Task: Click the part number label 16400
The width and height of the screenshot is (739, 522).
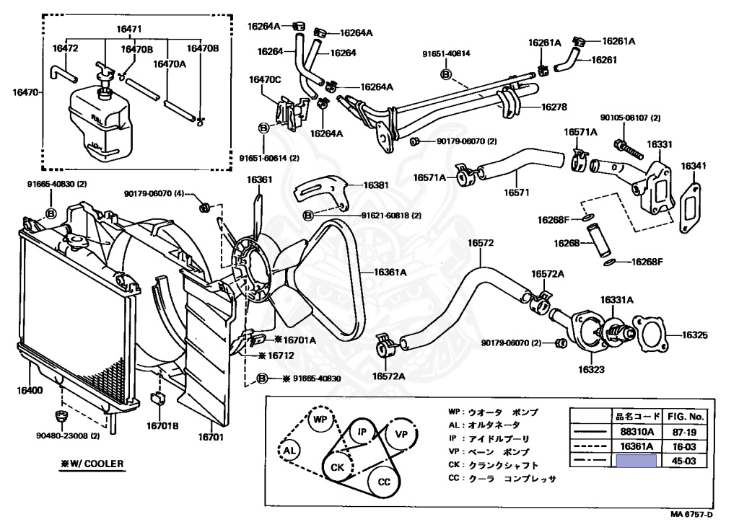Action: coord(30,390)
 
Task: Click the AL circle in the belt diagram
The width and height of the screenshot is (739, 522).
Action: coord(289,451)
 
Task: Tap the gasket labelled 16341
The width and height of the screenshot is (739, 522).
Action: coord(690,208)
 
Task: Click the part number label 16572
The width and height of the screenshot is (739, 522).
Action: coord(481,243)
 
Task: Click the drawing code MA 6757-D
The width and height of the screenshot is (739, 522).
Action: coord(691,514)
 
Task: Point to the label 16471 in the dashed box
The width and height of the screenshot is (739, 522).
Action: coord(131,30)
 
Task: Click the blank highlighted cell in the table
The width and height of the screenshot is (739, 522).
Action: coord(635,461)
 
